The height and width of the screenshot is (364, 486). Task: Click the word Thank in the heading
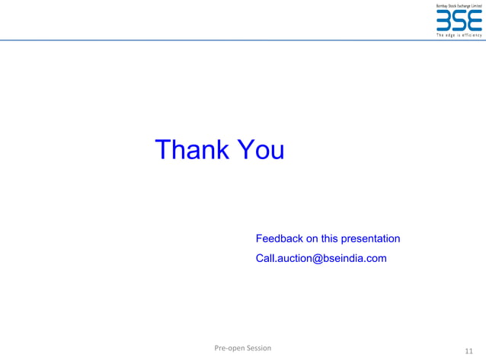point(190,150)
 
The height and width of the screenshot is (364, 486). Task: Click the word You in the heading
point(260,150)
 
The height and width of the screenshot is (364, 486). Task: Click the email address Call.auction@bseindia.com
point(321,259)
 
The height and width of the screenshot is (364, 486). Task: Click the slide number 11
point(468,351)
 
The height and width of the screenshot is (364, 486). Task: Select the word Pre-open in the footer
point(229,348)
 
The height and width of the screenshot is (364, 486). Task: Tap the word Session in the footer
point(257,348)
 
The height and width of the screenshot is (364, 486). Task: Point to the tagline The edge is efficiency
point(459,35)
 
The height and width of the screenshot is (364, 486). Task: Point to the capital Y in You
point(244,150)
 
